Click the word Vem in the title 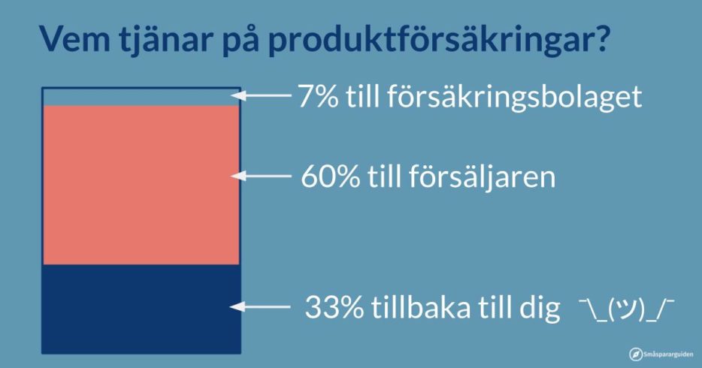74,39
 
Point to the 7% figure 319,95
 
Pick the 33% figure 334,306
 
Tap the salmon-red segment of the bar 141,185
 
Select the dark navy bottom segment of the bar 141,309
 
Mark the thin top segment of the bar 141,97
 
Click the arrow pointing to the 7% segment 261,95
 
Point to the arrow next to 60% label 261,176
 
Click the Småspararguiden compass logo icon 636,354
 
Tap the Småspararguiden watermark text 668,354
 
